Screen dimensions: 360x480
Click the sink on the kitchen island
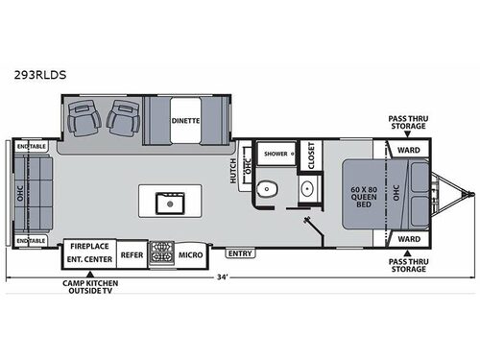pyautogui.click(x=174, y=202)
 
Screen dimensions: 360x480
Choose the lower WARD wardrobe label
pyautogui.click(x=407, y=237)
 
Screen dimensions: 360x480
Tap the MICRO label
pyautogui.click(x=189, y=255)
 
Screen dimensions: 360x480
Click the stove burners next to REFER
pyautogui.click(x=159, y=254)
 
